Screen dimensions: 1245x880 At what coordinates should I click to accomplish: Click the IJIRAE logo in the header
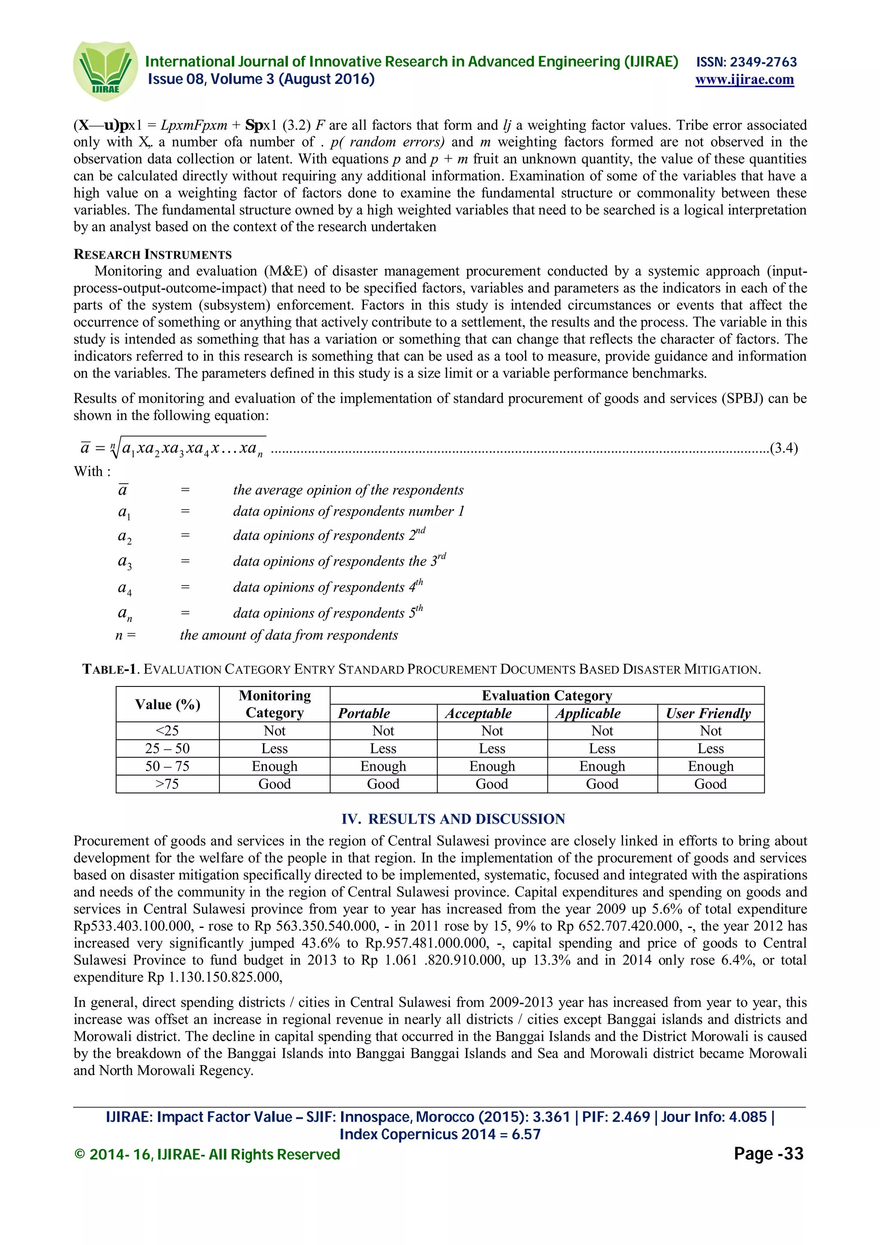pyautogui.click(x=105, y=70)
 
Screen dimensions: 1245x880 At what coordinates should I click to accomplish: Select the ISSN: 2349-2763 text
pyautogui.click(x=746, y=62)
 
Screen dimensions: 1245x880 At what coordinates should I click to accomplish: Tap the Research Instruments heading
pyautogui.click(x=153, y=254)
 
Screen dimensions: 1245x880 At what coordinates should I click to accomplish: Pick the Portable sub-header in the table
pyautogui.click(x=364, y=713)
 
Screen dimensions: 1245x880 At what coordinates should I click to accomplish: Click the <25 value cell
pyautogui.click(x=168, y=730)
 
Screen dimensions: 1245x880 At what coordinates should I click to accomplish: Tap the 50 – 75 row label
pyautogui.click(x=168, y=766)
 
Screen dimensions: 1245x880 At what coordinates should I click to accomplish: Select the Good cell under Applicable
pyautogui.click(x=602, y=784)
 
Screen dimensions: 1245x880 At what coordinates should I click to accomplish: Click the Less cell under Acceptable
pyautogui.click(x=492, y=748)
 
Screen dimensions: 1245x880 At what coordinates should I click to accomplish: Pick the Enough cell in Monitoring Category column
pyautogui.click(x=275, y=766)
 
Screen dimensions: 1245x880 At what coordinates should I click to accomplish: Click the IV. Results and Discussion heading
pyautogui.click(x=453, y=818)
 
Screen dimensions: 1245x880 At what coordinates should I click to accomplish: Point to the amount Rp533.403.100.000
pyautogui.click(x=132, y=926)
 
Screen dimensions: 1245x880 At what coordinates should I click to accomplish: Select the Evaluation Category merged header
pyautogui.click(x=547, y=695)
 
